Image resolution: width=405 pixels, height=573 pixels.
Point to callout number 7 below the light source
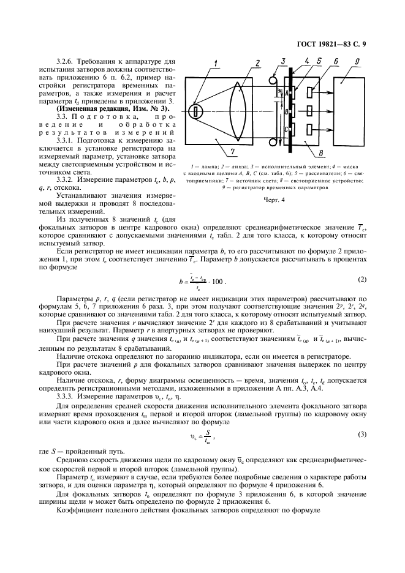tap(231, 152)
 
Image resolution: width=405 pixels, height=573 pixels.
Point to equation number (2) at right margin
tap(361, 280)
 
